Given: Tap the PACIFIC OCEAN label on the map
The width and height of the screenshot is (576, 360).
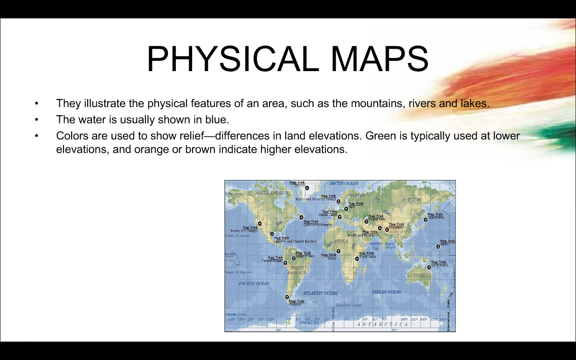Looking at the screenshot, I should pos(254,283).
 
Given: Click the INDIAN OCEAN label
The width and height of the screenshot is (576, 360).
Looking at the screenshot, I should pos(387,292).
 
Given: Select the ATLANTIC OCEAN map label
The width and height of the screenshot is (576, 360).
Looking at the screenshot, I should pos(320,293).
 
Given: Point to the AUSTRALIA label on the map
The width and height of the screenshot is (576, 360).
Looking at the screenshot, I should pos(419,275).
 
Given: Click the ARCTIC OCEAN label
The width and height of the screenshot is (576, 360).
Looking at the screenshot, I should pos(344,183).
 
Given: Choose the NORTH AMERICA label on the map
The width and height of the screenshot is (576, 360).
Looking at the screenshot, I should pos(271,193).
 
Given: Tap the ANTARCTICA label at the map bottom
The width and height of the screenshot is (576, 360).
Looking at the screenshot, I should pos(382,324).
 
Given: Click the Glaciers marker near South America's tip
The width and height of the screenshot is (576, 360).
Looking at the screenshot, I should pos(287,297).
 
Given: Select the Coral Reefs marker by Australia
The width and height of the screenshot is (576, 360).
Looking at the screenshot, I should pos(429,267).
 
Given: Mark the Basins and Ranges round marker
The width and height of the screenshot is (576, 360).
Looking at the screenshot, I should pos(260,223).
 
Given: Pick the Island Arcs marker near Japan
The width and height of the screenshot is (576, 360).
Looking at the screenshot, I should pos(426,220).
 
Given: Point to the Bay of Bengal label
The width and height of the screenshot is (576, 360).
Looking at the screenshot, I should pos(390,245).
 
